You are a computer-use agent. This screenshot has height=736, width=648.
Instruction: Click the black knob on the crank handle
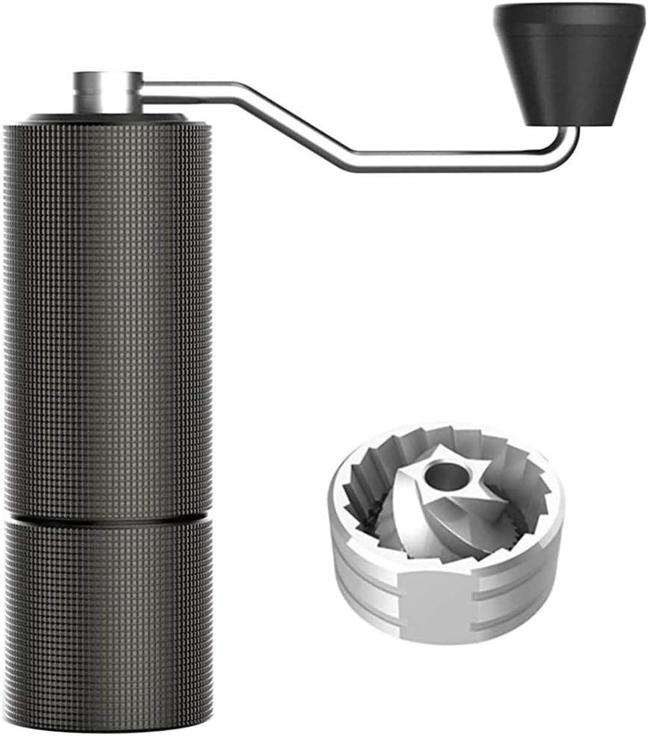click(569, 72)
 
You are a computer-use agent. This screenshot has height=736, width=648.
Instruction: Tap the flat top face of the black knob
click(569, 13)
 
